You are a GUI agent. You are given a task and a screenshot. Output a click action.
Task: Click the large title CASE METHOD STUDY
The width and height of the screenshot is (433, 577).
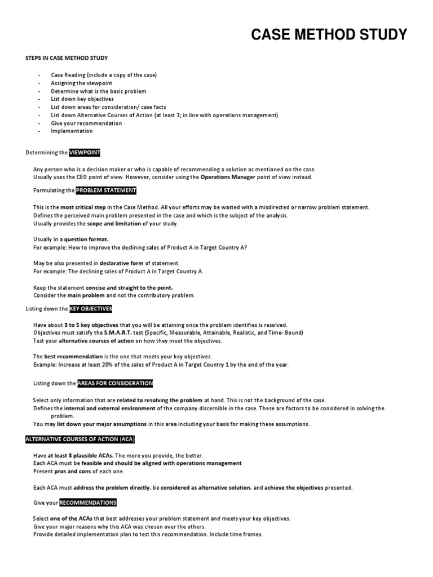[329, 35]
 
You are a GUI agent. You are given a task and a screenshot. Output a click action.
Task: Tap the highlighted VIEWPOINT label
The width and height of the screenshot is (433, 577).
[85, 153]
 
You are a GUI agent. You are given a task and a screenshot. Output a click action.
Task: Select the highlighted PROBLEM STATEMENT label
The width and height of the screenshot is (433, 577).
[106, 190]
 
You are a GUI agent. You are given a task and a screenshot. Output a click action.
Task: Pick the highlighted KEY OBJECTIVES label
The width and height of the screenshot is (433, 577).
[91, 309]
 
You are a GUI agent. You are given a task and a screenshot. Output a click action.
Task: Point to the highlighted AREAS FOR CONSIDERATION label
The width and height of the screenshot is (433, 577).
[115, 383]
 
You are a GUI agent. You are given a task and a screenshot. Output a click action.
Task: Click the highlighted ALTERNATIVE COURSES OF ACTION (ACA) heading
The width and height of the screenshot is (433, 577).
[81, 439]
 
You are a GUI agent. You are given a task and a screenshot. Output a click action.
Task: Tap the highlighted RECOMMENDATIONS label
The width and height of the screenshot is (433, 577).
[89, 502]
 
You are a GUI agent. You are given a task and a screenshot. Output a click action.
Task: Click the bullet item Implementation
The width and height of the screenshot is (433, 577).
[72, 131]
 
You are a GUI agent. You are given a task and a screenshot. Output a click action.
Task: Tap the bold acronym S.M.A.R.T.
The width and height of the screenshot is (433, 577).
[118, 333]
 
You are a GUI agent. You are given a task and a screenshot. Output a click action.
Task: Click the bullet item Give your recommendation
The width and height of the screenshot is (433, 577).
[86, 123]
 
